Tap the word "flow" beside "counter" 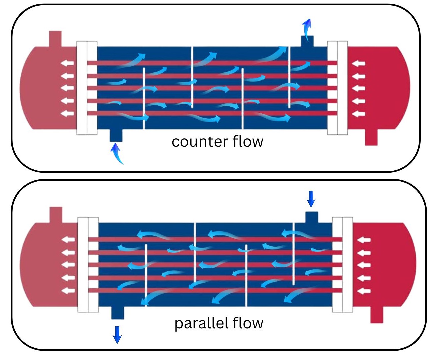click(x=248, y=141)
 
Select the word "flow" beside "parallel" click(x=248, y=323)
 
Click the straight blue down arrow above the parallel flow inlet click(x=311, y=199)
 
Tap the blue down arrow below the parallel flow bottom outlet click(x=117, y=334)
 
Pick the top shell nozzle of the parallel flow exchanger click(x=312, y=217)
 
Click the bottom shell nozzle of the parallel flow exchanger click(x=117, y=312)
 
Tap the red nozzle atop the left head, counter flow click(x=55, y=38)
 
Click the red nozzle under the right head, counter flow click(x=371, y=137)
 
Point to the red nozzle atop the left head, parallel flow click(x=56, y=214)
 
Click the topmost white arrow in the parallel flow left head click(x=68, y=239)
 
